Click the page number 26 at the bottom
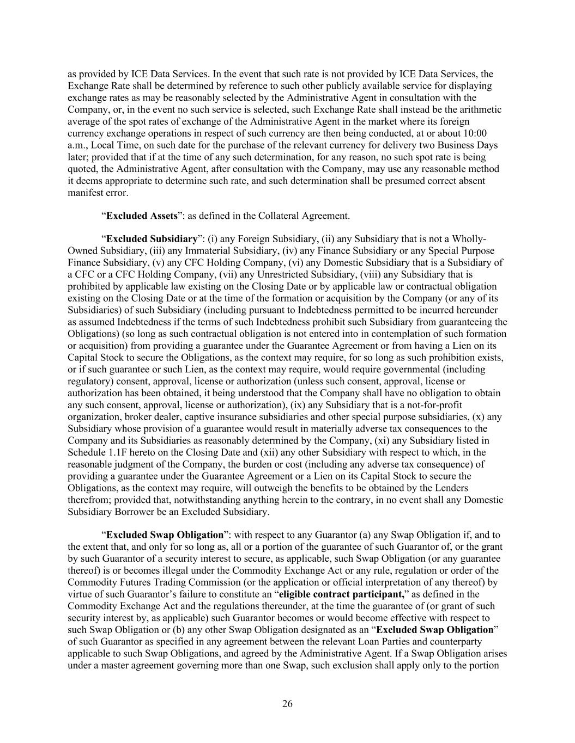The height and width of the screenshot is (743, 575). click(x=287, y=704)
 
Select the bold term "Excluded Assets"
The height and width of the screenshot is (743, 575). click(x=142, y=216)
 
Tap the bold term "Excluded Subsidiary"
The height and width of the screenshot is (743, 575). click(x=152, y=239)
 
